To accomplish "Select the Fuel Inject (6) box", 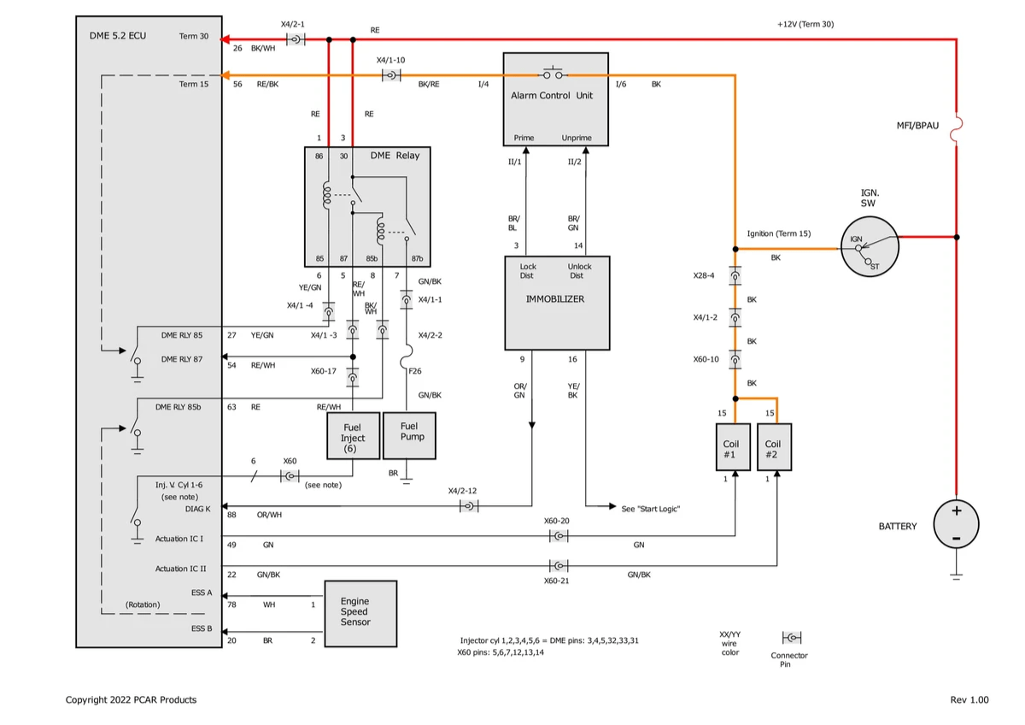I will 352,437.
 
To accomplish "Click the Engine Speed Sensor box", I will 360,612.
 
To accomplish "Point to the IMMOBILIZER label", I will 555,299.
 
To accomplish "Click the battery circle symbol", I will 956,523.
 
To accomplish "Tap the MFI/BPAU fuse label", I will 917,126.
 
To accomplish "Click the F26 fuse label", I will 414,371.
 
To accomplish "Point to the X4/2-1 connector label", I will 292,24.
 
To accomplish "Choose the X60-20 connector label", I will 556,520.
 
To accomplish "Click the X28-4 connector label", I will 704,276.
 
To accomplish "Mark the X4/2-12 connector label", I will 462,491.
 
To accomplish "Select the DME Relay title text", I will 395,156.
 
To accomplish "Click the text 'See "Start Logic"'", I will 650,509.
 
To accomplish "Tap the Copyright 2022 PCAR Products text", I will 131,699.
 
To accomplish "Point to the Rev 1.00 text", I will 969,699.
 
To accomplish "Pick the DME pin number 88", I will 231,515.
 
